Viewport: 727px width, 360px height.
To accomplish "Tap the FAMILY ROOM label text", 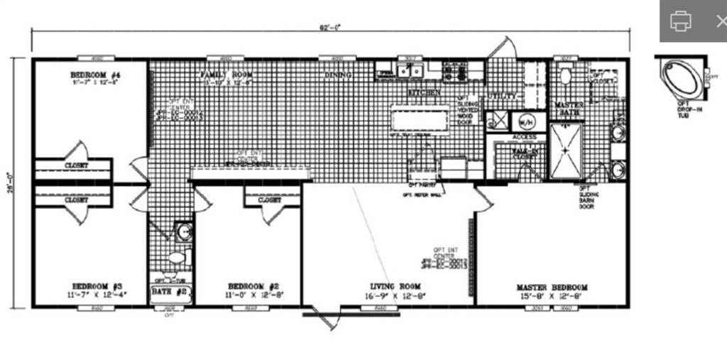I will click(x=226, y=75).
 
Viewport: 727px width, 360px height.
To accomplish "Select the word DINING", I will click(x=339, y=75).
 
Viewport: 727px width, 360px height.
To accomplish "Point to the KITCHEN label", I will click(x=424, y=92).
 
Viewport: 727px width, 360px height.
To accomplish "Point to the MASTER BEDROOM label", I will click(x=552, y=288).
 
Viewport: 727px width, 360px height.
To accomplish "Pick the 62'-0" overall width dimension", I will click(x=331, y=27).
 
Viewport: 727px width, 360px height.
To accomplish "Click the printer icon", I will click(x=680, y=21).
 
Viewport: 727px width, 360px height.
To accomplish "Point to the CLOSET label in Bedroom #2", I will click(x=270, y=200).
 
